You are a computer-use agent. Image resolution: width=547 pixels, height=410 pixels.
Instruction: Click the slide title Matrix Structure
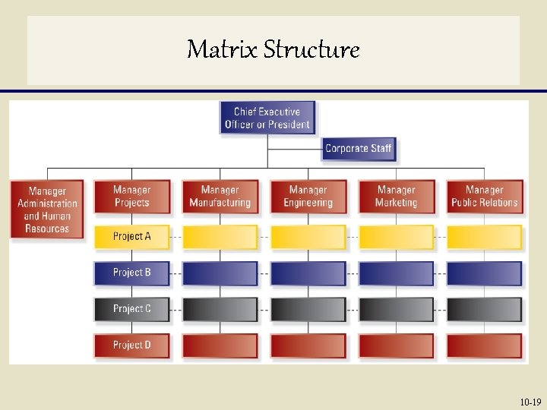(x=273, y=50)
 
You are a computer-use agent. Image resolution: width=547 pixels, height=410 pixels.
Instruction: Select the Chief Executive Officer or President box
(x=267, y=118)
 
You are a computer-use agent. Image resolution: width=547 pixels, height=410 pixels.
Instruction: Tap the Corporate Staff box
(x=359, y=149)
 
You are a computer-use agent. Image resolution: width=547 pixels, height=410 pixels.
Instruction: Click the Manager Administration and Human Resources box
(x=47, y=210)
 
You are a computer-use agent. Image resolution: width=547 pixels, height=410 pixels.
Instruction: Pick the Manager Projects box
(x=131, y=196)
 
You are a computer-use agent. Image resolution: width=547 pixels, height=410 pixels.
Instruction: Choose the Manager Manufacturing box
(x=220, y=196)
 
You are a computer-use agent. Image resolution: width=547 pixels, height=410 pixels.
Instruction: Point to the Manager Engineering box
(x=308, y=196)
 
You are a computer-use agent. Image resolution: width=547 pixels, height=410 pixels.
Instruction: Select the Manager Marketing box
(x=396, y=196)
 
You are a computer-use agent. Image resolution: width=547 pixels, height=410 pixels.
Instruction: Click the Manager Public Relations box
(x=484, y=196)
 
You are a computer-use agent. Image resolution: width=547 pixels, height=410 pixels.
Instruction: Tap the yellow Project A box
(x=131, y=236)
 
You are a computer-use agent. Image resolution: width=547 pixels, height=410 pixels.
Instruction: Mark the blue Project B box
(x=131, y=273)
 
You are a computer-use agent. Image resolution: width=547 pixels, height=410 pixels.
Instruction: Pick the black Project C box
(x=131, y=308)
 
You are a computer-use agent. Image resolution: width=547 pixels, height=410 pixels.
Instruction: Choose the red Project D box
(x=131, y=345)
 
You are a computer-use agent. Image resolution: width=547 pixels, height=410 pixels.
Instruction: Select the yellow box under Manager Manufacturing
(x=220, y=236)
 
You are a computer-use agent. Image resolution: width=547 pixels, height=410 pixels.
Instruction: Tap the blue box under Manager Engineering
(x=308, y=273)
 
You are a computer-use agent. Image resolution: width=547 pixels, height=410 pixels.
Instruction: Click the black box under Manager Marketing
(x=396, y=308)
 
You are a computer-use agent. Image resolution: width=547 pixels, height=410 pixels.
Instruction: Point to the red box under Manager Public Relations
(x=484, y=345)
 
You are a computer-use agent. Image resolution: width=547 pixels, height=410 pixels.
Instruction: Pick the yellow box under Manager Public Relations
(x=484, y=236)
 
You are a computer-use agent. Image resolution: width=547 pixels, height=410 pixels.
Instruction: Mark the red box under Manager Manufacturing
(x=220, y=345)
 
